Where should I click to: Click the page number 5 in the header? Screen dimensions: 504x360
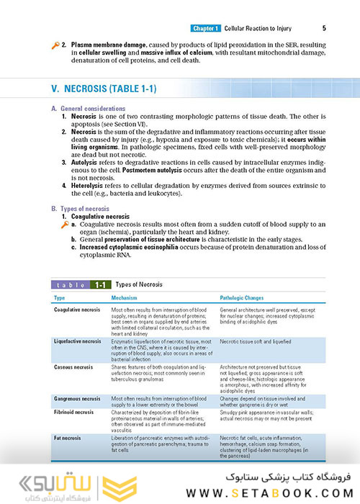[x=324, y=29]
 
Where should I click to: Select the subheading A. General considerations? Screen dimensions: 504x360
[x=86, y=108]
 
